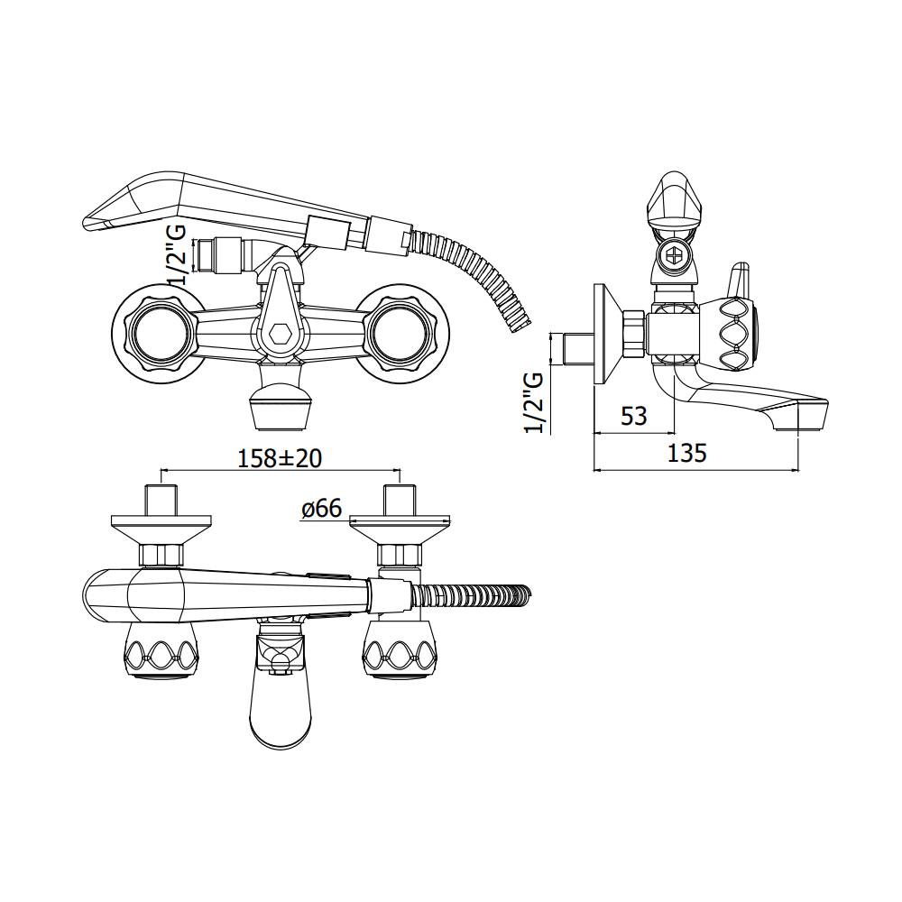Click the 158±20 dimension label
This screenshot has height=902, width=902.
pos(280,458)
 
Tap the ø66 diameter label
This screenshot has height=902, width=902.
pos(322,508)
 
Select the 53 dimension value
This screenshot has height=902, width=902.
pos(634,416)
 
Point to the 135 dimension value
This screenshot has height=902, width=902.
pos(686,454)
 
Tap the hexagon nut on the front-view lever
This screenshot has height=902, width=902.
pos(279,335)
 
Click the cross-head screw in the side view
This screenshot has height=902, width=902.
pos(673,253)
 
